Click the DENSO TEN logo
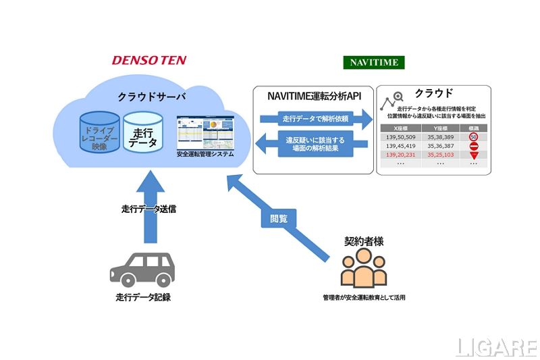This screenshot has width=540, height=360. [x=148, y=60]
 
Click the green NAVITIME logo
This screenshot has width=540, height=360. [x=374, y=62]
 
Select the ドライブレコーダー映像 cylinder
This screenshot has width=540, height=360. [x=100, y=134]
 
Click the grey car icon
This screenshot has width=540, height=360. [x=142, y=268]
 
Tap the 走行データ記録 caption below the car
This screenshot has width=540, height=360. [x=142, y=296]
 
